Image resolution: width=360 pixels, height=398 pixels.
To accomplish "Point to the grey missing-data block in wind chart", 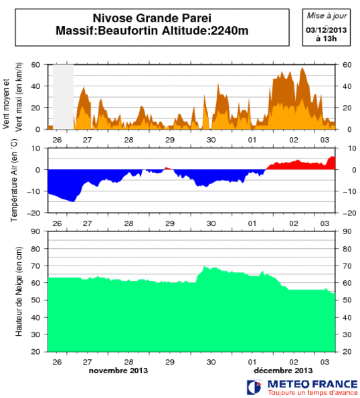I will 63,96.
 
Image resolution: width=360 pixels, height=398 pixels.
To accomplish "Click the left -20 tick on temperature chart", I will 37,213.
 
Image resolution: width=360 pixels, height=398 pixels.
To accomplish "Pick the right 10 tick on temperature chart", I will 347,148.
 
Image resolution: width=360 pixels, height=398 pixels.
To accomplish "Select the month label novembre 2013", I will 118,370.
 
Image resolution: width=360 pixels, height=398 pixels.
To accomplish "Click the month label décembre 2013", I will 283,370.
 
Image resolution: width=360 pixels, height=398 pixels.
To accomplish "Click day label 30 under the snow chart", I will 211,361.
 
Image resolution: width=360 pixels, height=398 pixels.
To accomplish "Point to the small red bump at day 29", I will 168,168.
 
